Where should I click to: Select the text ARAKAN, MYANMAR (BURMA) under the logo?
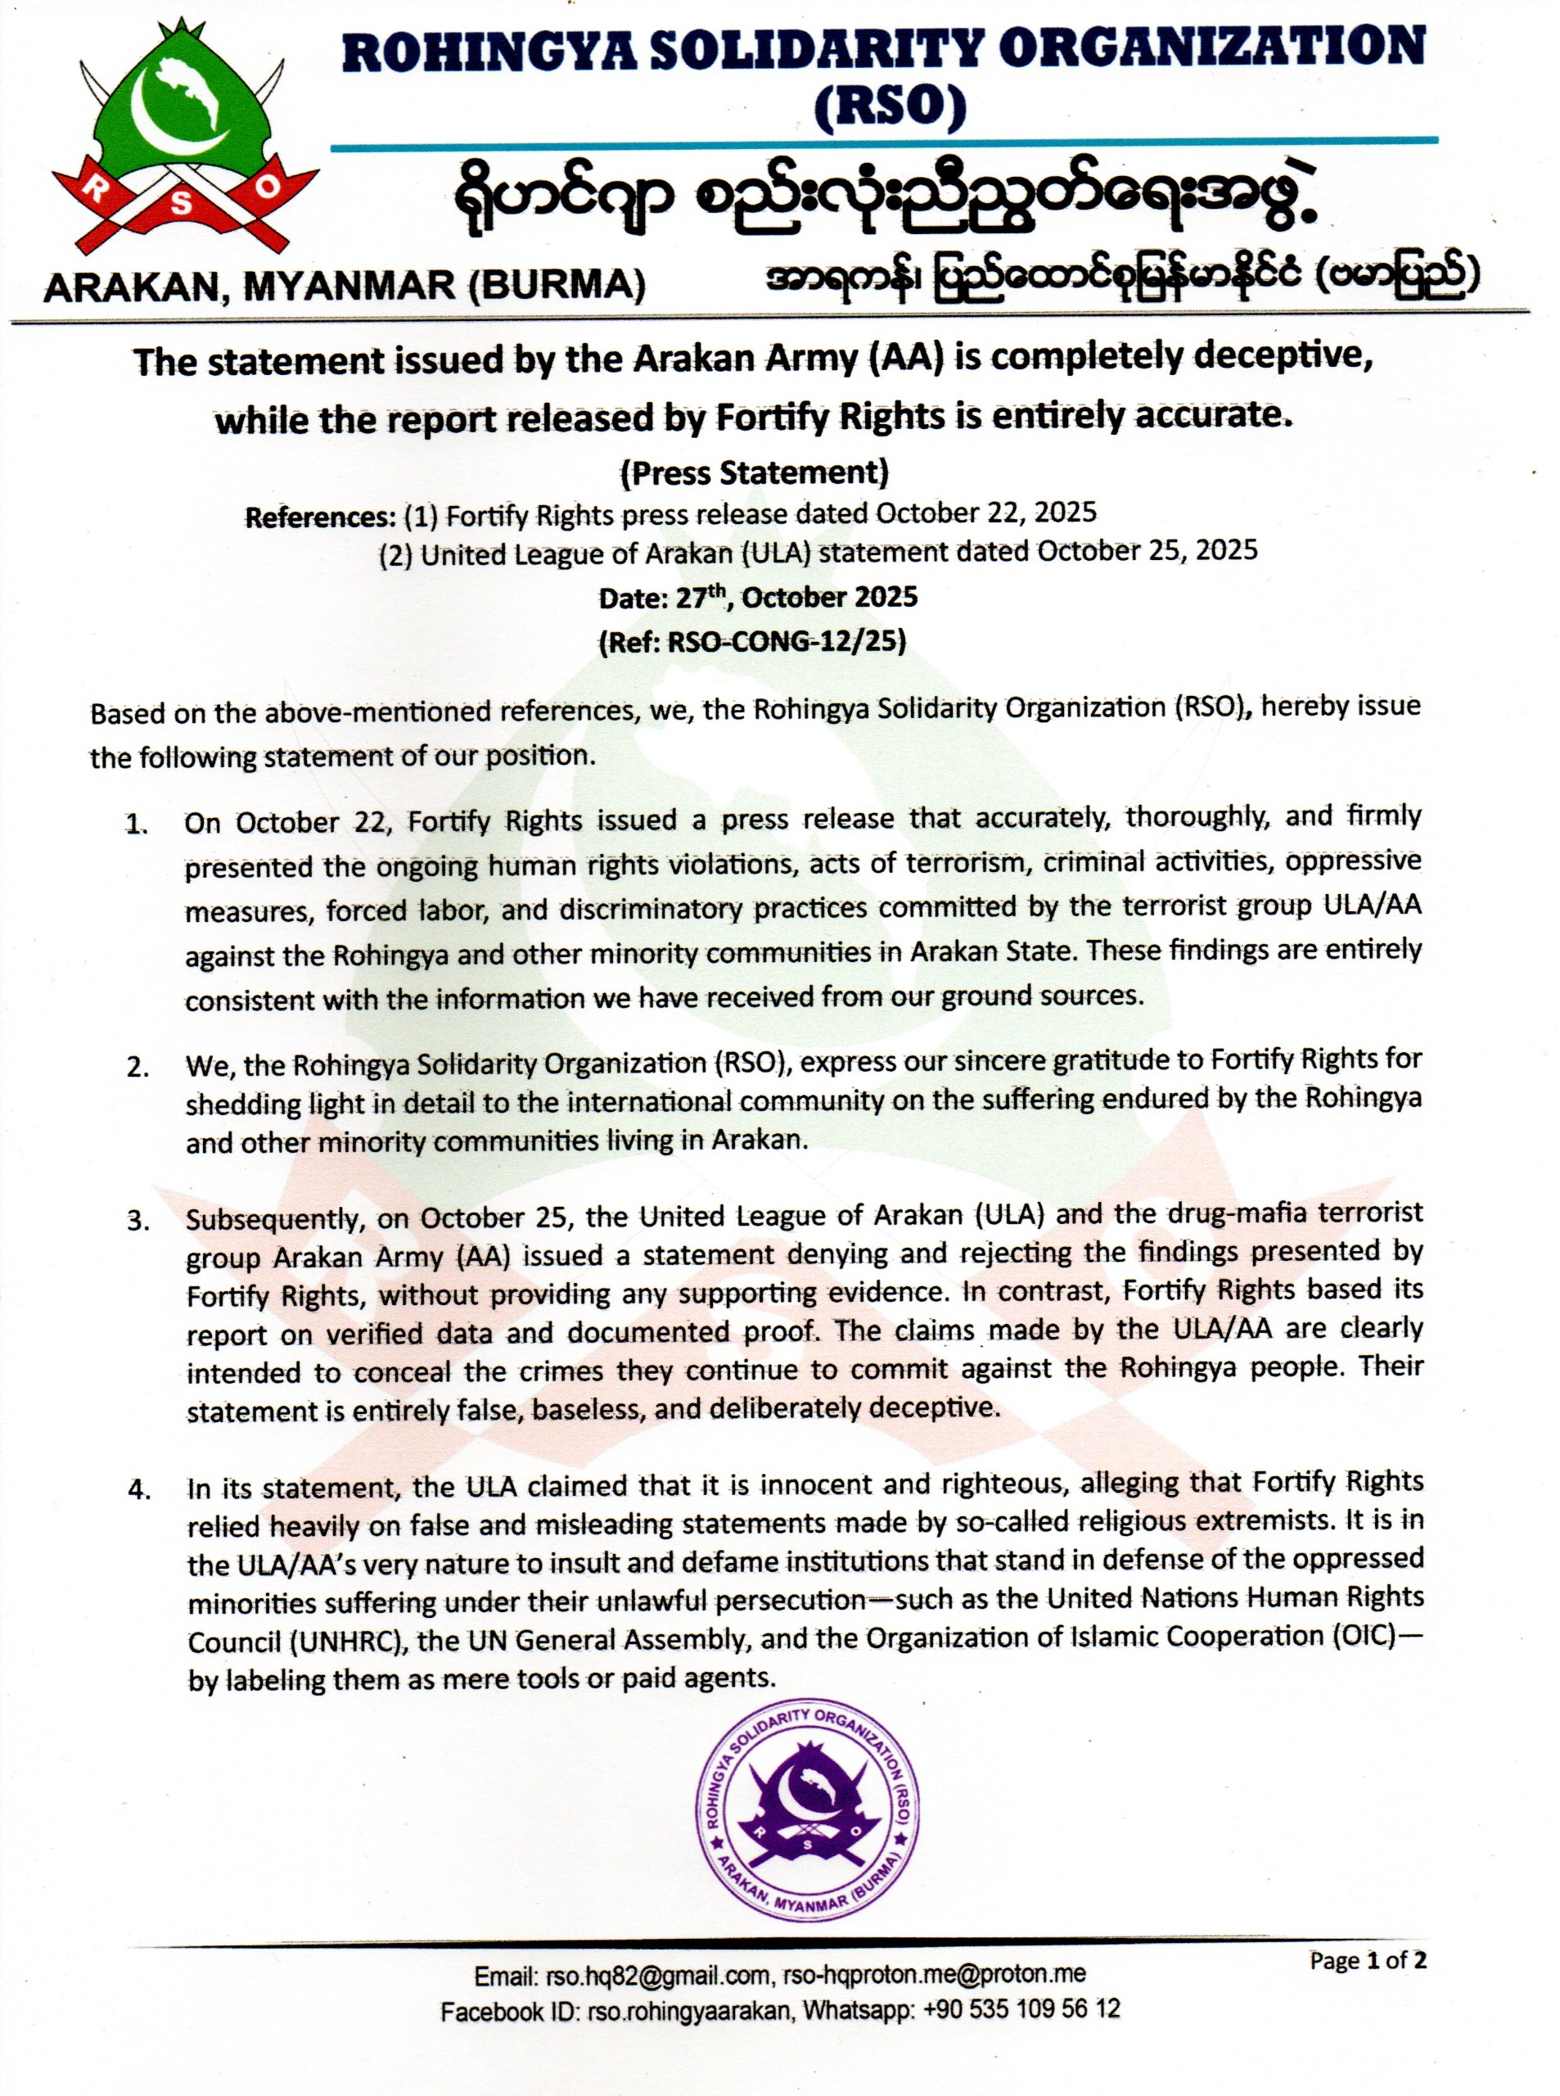345,285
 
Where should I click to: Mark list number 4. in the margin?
139,1490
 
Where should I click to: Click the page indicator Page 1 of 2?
1368,1961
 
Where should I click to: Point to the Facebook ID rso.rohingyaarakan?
688,2010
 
